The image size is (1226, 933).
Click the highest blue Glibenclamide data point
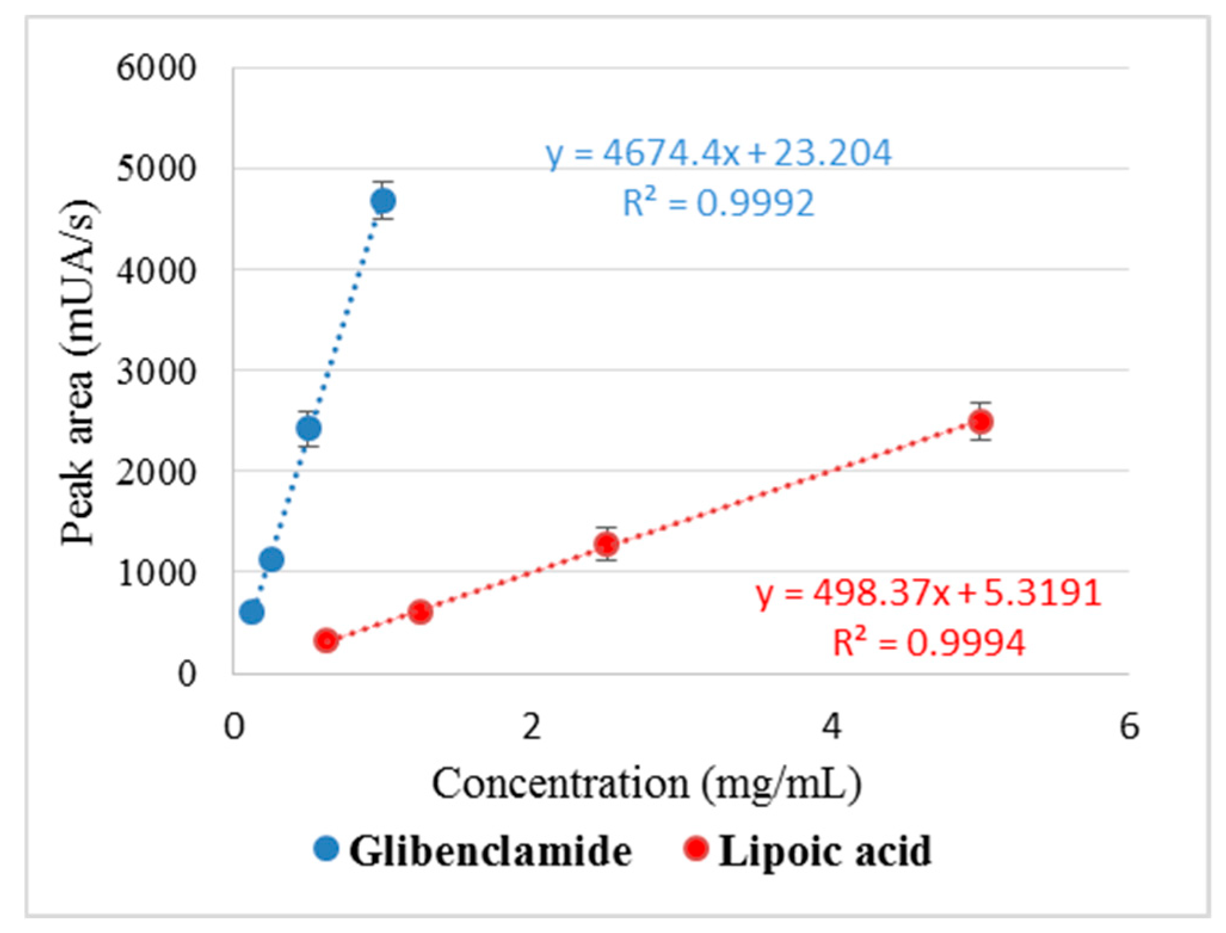click(383, 201)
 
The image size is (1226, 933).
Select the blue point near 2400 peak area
click(308, 428)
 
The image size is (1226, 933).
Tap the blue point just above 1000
click(271, 560)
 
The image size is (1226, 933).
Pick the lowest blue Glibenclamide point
click(252, 612)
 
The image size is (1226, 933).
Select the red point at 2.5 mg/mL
click(607, 544)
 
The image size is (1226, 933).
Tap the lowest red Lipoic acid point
click(326, 641)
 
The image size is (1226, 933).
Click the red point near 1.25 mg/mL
click(420, 612)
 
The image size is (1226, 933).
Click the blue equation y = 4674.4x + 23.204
click(718, 153)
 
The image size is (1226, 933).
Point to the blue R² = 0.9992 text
click(718, 203)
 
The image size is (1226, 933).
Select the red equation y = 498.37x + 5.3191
click(928, 593)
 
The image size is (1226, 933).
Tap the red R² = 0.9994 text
click(928, 643)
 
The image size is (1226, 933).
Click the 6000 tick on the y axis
click(156, 67)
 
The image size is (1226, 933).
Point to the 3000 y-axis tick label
click(156, 372)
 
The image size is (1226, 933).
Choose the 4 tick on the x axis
click(831, 727)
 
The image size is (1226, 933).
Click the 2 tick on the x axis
click(532, 727)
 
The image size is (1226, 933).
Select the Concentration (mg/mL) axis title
click(647, 784)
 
